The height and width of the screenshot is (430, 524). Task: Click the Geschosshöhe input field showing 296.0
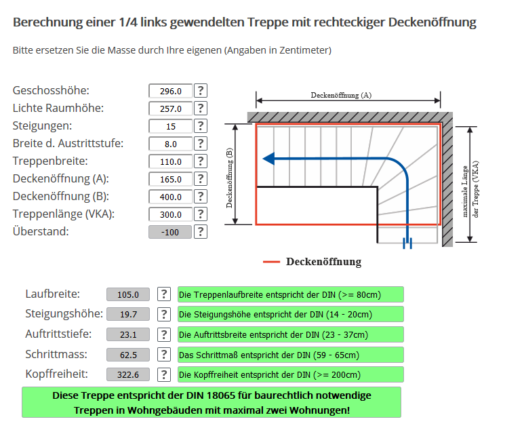(170, 91)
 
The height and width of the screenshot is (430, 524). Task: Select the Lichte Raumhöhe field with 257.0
(170, 109)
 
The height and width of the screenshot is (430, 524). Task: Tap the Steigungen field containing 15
(170, 126)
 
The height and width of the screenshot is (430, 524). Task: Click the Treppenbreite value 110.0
(170, 162)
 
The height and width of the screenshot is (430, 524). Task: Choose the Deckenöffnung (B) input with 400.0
(170, 197)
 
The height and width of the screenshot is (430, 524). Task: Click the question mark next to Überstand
(201, 232)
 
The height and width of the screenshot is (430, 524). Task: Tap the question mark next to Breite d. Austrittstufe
(201, 143)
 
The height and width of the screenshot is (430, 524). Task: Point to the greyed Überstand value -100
(170, 232)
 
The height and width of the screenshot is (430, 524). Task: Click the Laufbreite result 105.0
(128, 294)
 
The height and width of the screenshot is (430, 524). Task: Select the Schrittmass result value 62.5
(128, 355)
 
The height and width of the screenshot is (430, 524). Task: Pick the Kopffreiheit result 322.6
(128, 375)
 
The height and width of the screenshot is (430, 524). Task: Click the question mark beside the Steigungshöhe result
(164, 314)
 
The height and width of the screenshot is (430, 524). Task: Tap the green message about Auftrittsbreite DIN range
(290, 334)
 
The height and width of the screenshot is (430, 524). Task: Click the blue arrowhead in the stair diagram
(268, 159)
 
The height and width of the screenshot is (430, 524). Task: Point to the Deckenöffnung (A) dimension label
(341, 96)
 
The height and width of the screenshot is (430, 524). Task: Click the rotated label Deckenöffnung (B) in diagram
(229, 178)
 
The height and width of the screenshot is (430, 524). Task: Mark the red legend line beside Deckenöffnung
(271, 262)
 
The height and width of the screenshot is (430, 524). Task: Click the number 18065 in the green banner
(220, 395)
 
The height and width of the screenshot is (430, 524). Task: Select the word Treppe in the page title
(268, 22)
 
